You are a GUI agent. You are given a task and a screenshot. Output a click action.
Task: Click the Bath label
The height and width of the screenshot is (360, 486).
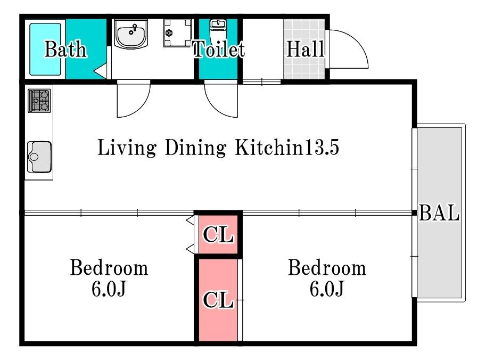pyautogui.click(x=65, y=49)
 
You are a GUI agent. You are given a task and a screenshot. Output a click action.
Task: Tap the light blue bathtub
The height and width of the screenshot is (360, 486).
pyautogui.click(x=45, y=49)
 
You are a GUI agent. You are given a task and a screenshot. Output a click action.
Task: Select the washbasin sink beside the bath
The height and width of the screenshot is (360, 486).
pyautogui.click(x=131, y=34)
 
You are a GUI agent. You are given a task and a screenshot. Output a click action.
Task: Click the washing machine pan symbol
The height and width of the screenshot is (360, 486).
pyautogui.click(x=178, y=33)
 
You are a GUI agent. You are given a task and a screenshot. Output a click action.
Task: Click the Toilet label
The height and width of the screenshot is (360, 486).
pyautogui.click(x=219, y=49)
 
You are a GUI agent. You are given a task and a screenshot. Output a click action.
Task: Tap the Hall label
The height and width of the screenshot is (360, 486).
pyautogui.click(x=306, y=49)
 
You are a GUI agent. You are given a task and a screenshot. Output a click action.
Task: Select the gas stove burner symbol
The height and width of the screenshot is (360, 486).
pyautogui.click(x=39, y=101)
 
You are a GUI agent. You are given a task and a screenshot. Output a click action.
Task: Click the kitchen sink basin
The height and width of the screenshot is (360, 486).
pyautogui.click(x=39, y=157)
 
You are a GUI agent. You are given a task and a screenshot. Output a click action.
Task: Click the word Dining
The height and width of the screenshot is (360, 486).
pyautogui.click(x=195, y=148)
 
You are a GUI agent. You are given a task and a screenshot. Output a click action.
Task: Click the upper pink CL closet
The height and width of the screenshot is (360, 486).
pyautogui.click(x=218, y=234)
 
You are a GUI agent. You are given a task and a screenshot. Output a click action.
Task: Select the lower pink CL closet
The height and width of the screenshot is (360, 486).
pyautogui.click(x=218, y=300)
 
